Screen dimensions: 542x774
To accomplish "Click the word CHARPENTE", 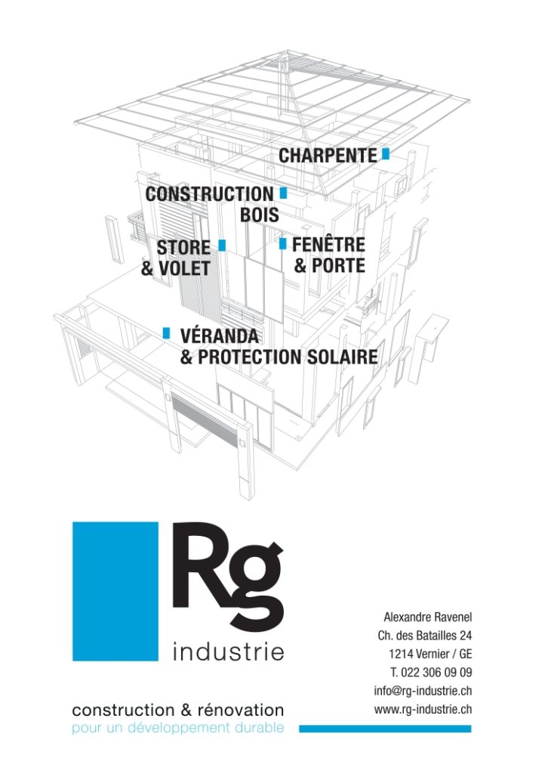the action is click(328, 156).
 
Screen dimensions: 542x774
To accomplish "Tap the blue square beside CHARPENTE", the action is click(386, 154).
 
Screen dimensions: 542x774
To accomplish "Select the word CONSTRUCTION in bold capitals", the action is click(209, 194).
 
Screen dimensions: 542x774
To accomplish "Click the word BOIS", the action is click(260, 215).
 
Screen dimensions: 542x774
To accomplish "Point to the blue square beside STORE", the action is click(222, 245).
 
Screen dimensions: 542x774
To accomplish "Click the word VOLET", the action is click(184, 268).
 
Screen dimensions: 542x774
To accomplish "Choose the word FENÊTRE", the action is click(328, 244).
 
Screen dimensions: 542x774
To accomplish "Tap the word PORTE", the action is click(338, 265).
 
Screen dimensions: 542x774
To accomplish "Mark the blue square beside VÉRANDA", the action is click(167, 333).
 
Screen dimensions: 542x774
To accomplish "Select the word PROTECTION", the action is click(250, 357).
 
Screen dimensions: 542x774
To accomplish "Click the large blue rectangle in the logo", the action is click(115, 591).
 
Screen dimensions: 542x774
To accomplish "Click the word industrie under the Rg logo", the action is click(228, 652).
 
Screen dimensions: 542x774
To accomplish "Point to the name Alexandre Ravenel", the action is click(427, 617).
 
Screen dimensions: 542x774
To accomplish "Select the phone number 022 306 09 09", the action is click(436, 672).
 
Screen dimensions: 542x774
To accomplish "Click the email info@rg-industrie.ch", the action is click(423, 691).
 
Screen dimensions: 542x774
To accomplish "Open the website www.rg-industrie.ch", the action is click(423, 709).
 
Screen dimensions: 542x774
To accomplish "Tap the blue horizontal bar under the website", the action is click(385, 729).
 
